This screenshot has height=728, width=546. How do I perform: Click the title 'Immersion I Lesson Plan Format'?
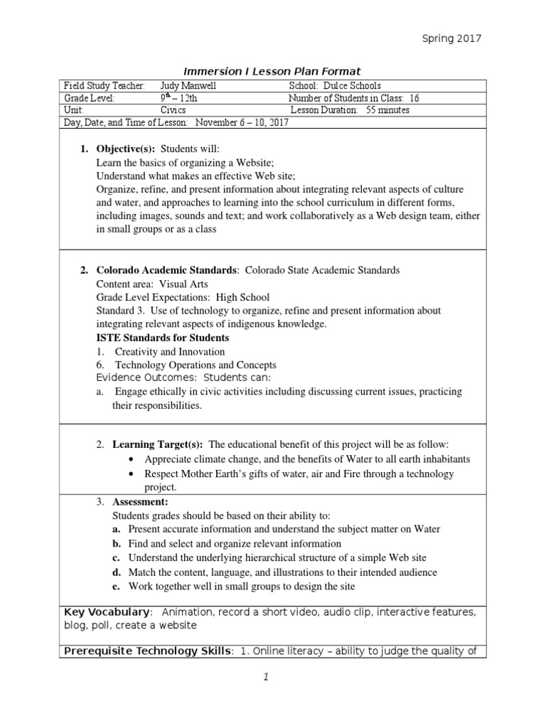[x=272, y=71]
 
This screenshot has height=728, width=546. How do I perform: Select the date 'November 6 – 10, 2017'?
[x=242, y=123]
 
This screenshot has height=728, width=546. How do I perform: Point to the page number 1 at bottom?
[x=265, y=678]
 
